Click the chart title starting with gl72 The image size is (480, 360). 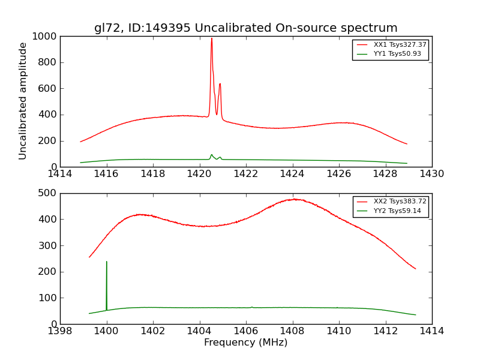(x=245, y=28)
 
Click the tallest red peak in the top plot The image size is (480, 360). (x=211, y=40)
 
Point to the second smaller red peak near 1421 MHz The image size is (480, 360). (x=220, y=84)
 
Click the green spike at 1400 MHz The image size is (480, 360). (x=107, y=262)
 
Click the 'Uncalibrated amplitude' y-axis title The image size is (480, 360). (x=23, y=101)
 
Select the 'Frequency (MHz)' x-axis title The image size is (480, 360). (x=245, y=343)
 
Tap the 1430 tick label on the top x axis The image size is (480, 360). (x=431, y=174)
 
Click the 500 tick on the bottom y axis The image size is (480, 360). (x=48, y=193)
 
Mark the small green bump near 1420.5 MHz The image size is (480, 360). (x=211, y=155)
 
